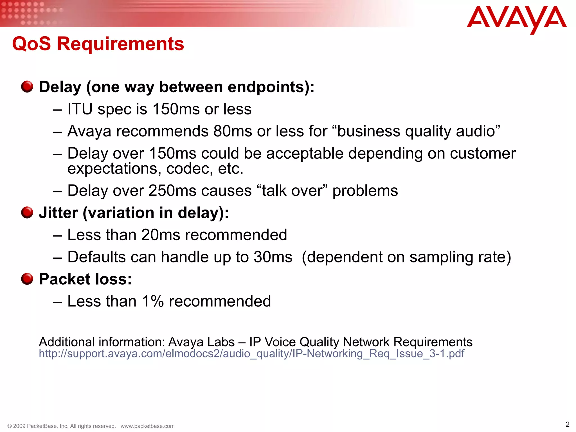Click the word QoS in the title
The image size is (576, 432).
(31, 44)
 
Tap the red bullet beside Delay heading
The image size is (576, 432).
(27, 87)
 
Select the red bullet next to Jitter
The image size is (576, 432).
(27, 212)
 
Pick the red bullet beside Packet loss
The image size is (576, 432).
(27, 279)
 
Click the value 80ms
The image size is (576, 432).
(232, 131)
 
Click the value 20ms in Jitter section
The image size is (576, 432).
(160, 235)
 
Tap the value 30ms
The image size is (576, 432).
(273, 257)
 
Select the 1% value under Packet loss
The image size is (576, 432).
(153, 301)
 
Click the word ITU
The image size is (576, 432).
(80, 109)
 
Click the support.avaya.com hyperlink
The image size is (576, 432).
(251, 354)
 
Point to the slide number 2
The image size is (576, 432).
(567, 424)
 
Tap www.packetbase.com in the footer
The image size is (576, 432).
(147, 426)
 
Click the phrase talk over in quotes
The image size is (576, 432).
(292, 191)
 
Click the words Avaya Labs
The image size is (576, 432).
(201, 342)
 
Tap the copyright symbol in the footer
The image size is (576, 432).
(9, 426)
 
